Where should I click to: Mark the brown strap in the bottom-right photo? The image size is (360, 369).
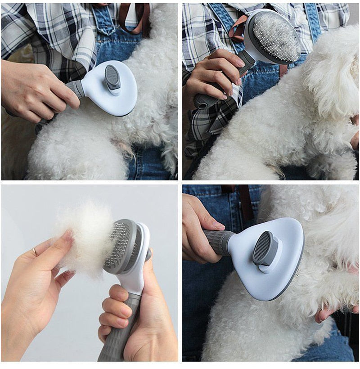point(246,198)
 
